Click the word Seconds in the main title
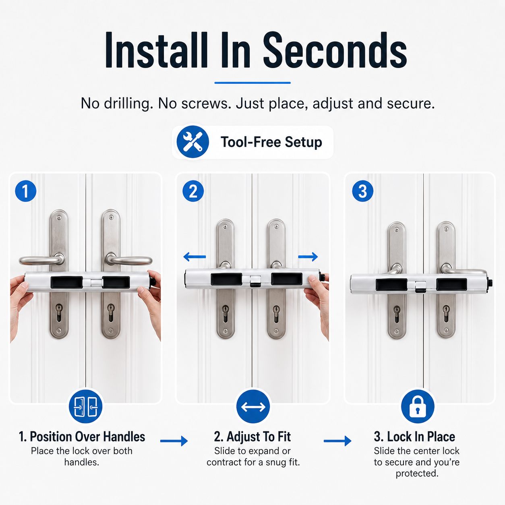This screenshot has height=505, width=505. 335,50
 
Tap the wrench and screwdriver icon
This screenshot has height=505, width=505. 192,142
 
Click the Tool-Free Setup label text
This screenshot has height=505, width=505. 271,142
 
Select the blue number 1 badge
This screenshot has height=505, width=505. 26,191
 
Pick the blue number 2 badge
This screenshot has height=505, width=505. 193,191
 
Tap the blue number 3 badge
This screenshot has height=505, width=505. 363,191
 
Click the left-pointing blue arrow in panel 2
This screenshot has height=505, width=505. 195,257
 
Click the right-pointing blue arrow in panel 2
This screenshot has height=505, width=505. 308,257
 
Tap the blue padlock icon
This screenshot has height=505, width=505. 418,407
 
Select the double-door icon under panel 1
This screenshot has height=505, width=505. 86,407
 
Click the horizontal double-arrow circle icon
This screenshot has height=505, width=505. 253,407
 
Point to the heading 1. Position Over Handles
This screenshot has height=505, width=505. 82,437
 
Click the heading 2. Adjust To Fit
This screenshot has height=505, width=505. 252,437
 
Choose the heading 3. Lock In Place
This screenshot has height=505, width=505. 414,437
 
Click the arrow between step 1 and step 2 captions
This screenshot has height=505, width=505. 174,441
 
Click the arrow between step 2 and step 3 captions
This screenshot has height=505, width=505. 337,441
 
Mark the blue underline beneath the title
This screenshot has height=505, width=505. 252,83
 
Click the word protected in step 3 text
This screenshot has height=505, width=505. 417,474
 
